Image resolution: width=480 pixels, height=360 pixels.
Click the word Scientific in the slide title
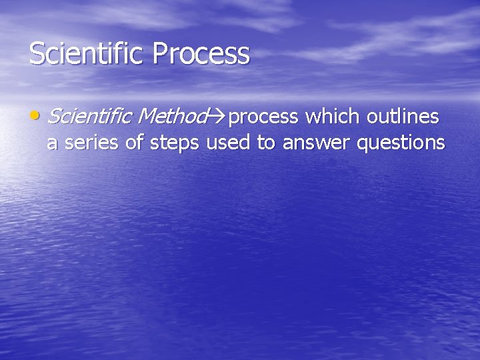(87, 54)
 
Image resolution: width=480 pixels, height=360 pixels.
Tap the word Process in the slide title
(201, 54)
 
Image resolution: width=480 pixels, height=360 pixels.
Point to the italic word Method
(170, 117)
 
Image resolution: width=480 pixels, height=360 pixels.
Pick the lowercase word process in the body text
(263, 118)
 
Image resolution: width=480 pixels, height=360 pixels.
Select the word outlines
(403, 117)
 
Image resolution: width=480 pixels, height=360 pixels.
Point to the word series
(85, 142)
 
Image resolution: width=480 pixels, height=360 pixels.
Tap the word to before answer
(265, 143)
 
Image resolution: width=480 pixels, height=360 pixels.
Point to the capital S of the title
(37, 54)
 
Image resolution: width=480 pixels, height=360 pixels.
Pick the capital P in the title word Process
(159, 54)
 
